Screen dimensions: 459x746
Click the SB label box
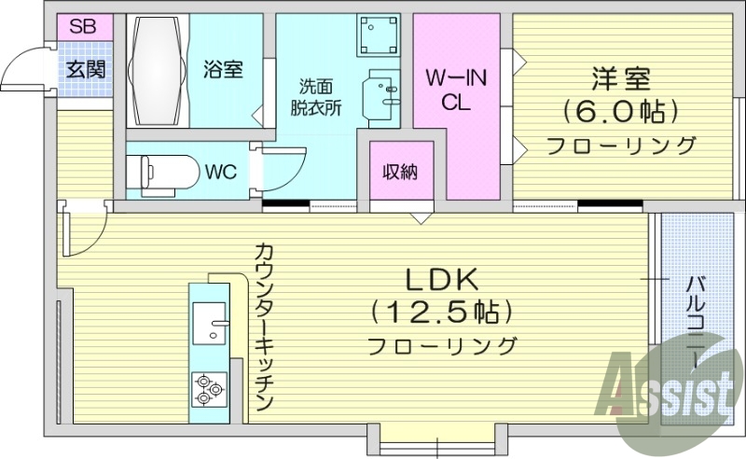pyautogui.click(x=82, y=26)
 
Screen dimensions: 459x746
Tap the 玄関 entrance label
pyautogui.click(x=85, y=69)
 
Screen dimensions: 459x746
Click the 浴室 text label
pyautogui.click(x=223, y=69)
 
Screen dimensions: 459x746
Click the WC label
pyautogui.click(x=220, y=172)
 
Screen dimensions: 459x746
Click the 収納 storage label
pyautogui.click(x=401, y=172)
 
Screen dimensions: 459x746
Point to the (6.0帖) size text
pyautogui.click(x=620, y=111)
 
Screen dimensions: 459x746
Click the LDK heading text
pyautogui.click(x=441, y=279)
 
